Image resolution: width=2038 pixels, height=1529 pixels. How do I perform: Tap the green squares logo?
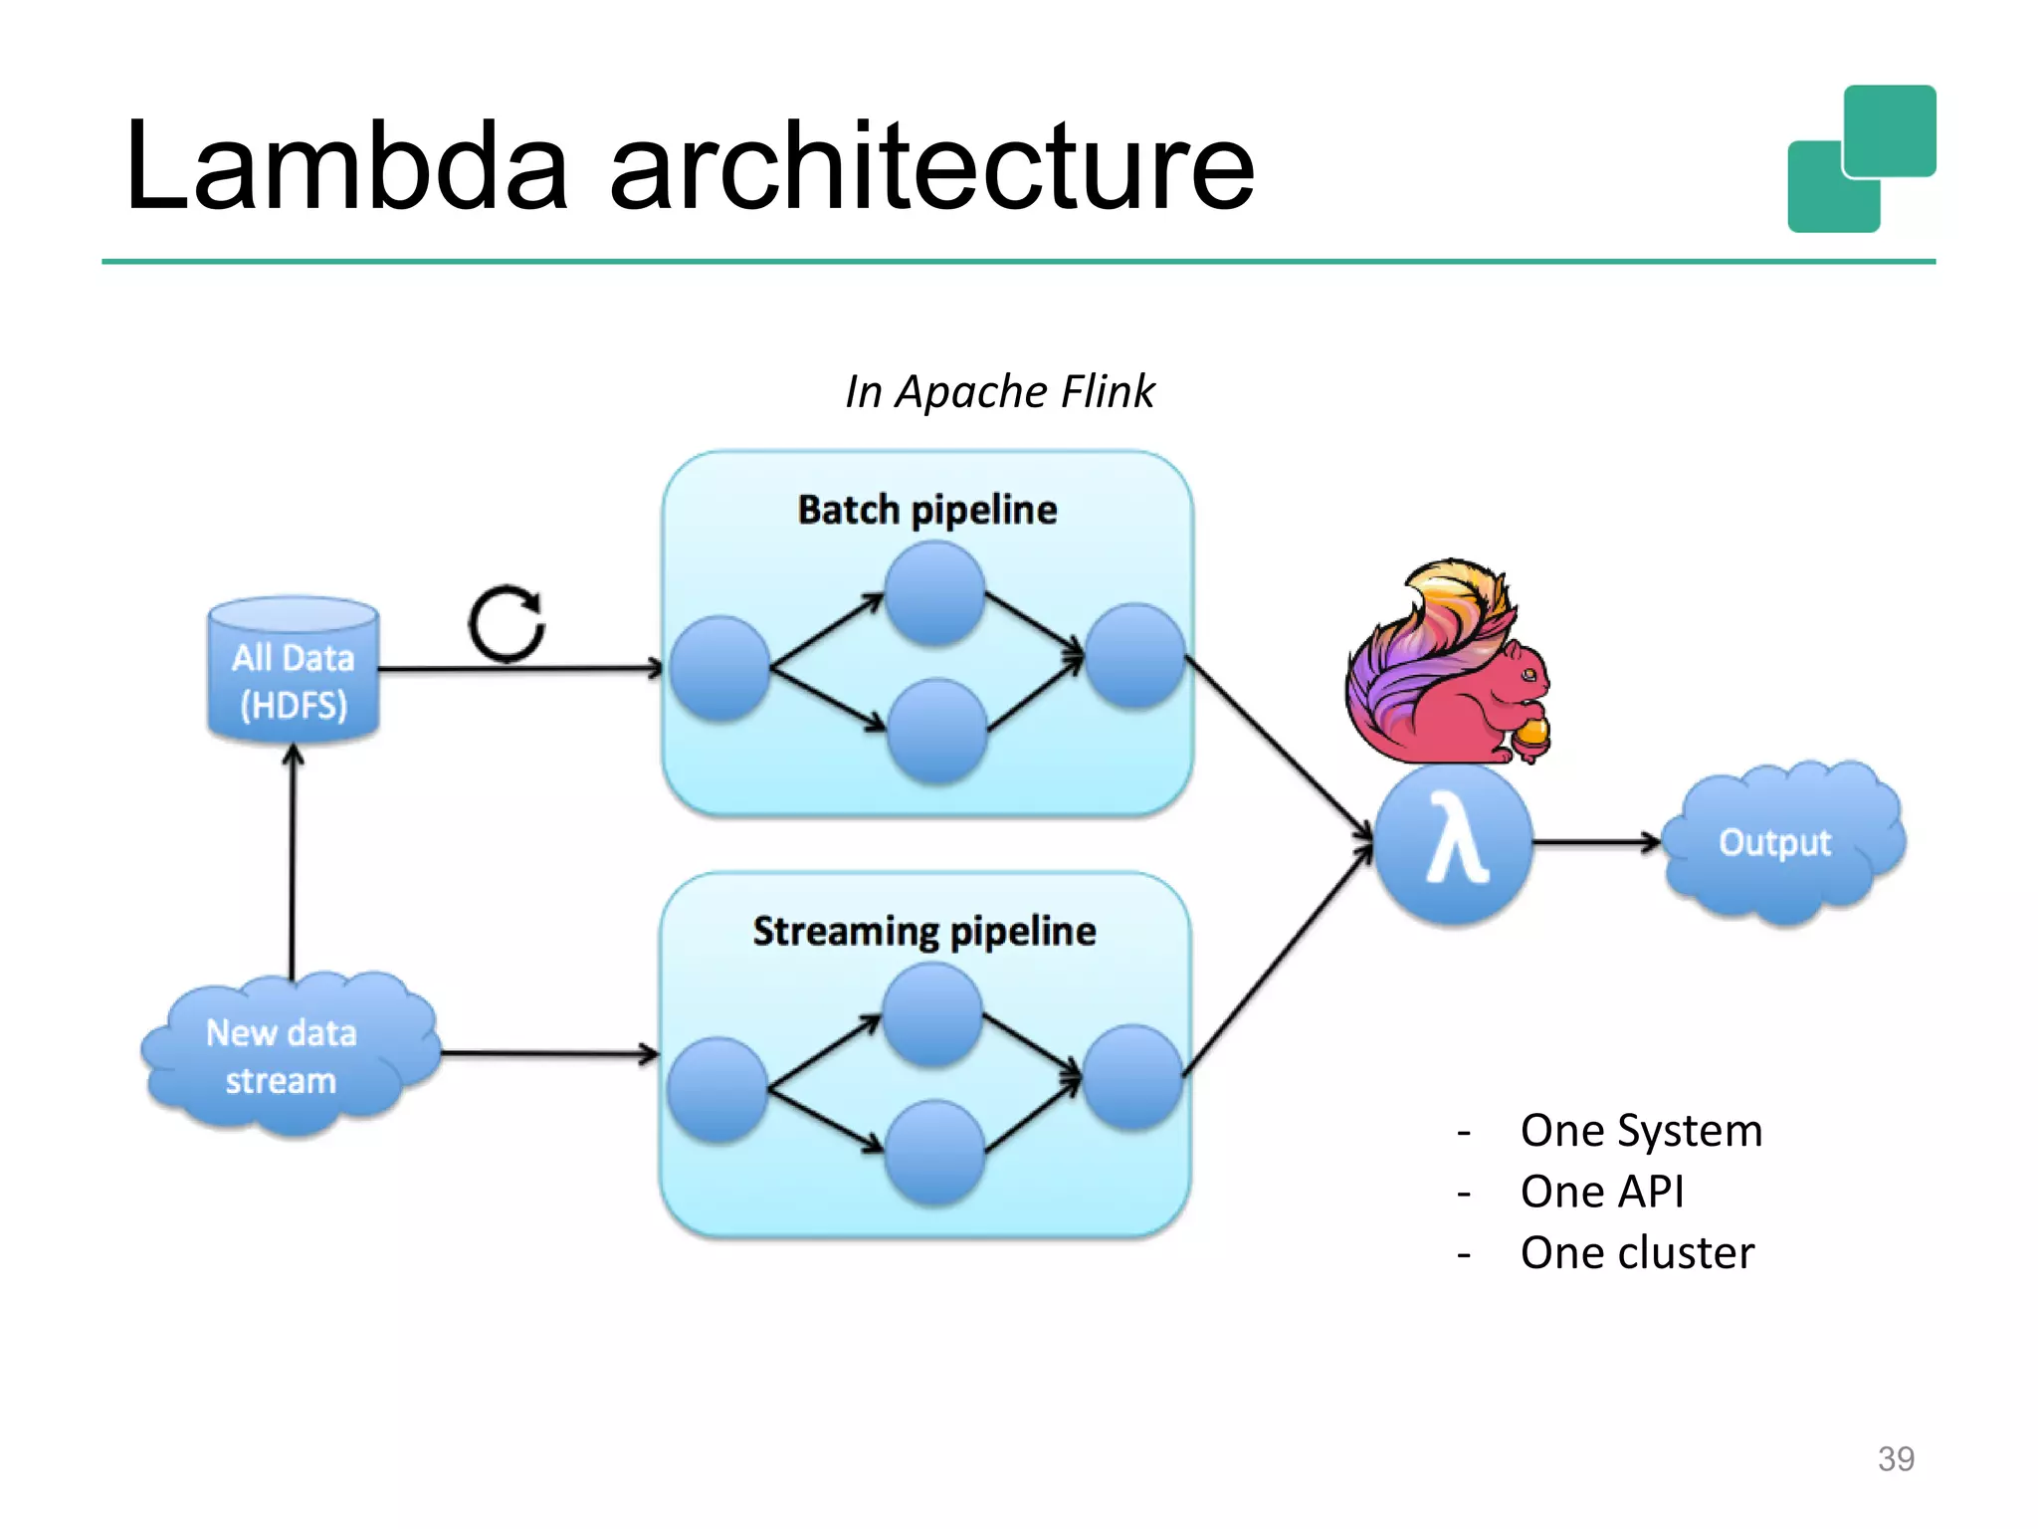pyautogui.click(x=1861, y=159)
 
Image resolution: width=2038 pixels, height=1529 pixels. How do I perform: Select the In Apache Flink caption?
pyautogui.click(x=999, y=391)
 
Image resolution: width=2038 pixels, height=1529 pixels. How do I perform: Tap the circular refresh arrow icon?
pyautogui.click(x=507, y=624)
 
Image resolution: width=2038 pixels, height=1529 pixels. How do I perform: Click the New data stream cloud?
pyautogui.click(x=283, y=1056)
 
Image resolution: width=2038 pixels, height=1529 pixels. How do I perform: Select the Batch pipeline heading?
pyautogui.click(x=926, y=510)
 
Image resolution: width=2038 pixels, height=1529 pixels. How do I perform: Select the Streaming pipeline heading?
pyautogui.click(x=923, y=932)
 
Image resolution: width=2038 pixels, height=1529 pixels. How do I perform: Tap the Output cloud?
pyautogui.click(x=1776, y=842)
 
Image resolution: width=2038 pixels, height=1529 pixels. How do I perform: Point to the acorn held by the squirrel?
pyautogui.click(x=1530, y=735)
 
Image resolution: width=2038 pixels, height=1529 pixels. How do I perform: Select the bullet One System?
pyautogui.click(x=1640, y=1131)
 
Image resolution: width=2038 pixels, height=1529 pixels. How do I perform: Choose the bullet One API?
pyautogui.click(x=1601, y=1192)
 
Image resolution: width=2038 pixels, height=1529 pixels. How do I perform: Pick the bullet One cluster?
pyautogui.click(x=1636, y=1252)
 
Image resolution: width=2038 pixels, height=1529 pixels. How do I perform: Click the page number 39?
pyautogui.click(x=1895, y=1458)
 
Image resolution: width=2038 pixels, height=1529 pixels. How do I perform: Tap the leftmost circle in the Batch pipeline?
pyautogui.click(x=719, y=668)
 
